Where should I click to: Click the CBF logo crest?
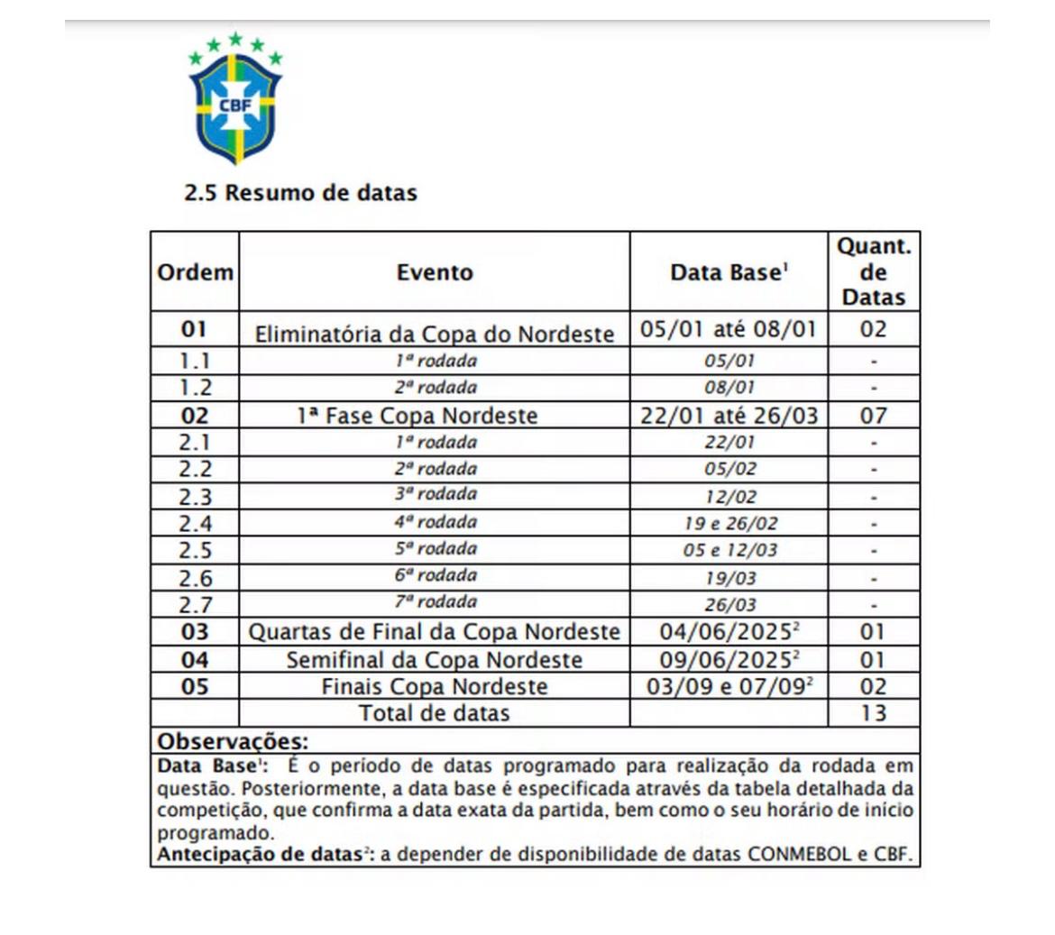(235, 100)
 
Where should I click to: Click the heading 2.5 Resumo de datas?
(300, 193)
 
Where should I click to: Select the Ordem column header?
(195, 272)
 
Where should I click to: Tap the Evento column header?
(435, 272)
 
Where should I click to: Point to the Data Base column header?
(729, 272)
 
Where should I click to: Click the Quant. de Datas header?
(874, 272)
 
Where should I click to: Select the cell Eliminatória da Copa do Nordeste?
(435, 334)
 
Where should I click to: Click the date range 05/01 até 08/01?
(728, 329)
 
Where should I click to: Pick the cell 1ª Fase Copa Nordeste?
(417, 416)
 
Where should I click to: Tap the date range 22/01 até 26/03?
(729, 416)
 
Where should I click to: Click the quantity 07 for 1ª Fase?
(874, 416)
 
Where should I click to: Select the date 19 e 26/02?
(729, 523)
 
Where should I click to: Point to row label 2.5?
(195, 550)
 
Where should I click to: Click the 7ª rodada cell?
(435, 602)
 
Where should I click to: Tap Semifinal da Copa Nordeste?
(435, 660)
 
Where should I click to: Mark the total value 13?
(874, 713)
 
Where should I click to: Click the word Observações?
(233, 742)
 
